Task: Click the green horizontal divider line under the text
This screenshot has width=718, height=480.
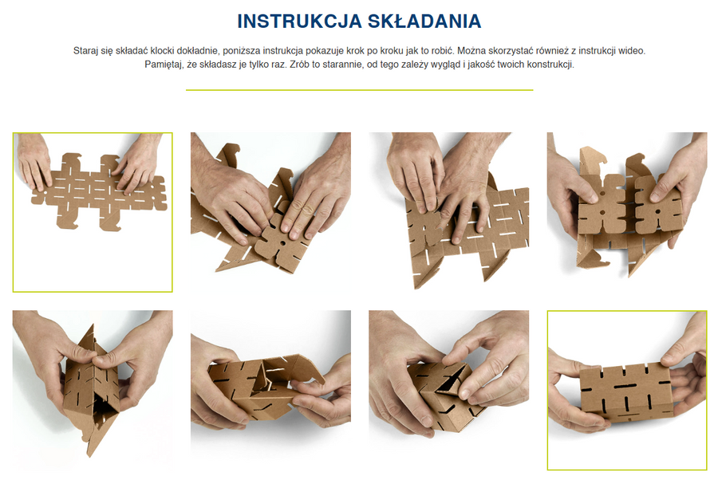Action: (x=360, y=90)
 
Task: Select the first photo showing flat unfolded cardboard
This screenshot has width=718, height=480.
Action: (x=93, y=212)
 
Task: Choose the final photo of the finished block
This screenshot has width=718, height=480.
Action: (x=627, y=391)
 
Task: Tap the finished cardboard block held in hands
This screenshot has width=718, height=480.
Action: (x=626, y=392)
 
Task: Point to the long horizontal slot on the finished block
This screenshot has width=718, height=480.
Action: (x=626, y=387)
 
